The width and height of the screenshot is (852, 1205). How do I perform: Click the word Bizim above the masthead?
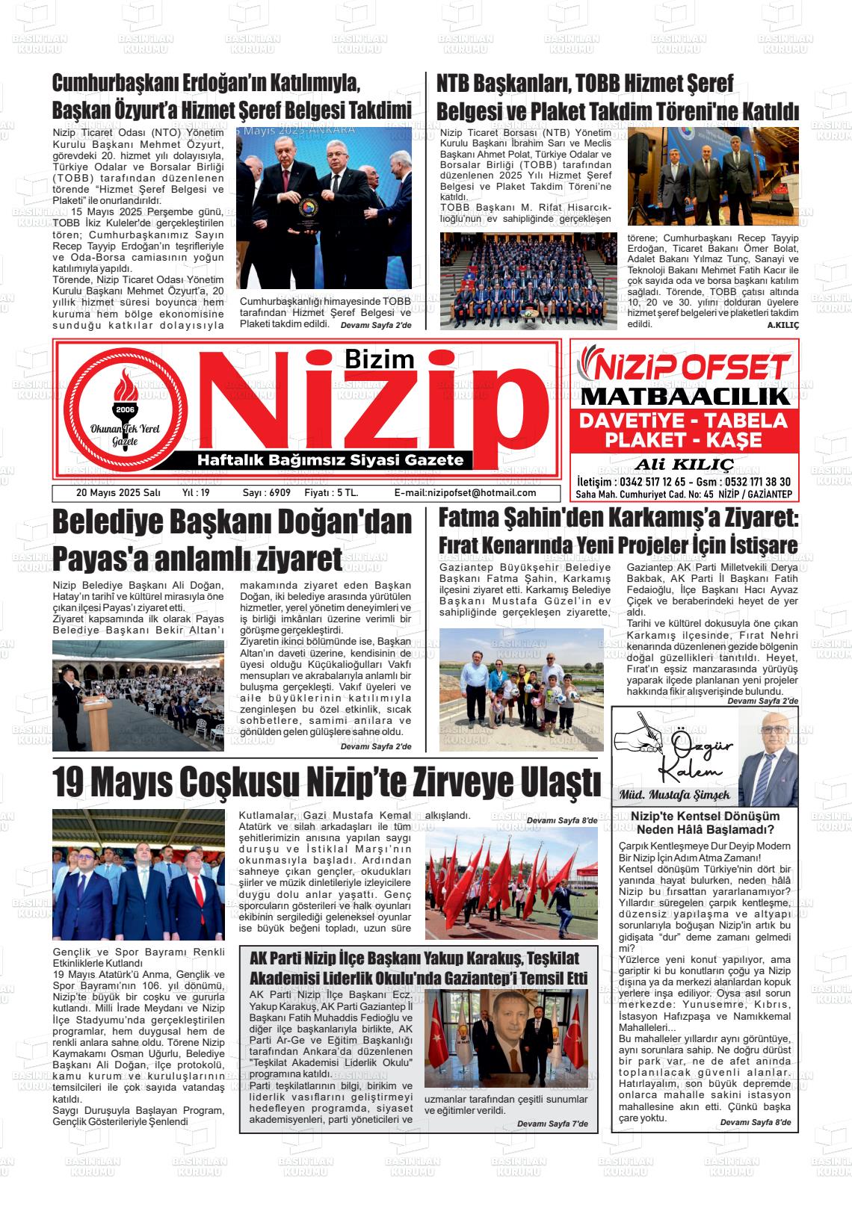coord(379,359)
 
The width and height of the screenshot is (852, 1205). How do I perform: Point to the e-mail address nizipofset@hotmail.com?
coord(465,493)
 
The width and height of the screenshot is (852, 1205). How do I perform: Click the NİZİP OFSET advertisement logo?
coord(685,367)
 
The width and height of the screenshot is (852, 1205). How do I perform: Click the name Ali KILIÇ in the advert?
coord(684,464)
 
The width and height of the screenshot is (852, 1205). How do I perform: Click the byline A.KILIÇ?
coord(783,326)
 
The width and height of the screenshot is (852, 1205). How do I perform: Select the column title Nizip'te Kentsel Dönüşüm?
coord(705,817)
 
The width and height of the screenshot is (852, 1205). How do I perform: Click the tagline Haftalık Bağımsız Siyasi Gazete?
coord(330,460)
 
